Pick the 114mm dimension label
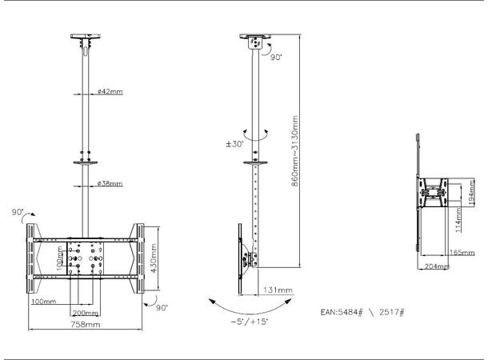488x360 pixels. click(x=458, y=217)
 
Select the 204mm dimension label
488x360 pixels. click(x=435, y=266)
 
